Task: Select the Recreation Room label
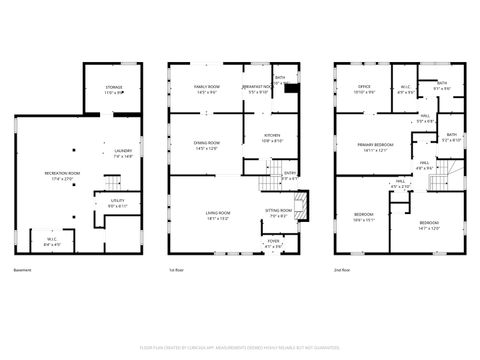[62, 176]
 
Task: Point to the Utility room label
[117, 203]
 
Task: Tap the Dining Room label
[207, 145]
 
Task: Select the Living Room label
[219, 215]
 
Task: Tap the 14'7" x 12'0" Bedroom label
[428, 225]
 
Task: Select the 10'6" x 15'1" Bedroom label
[363, 217]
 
